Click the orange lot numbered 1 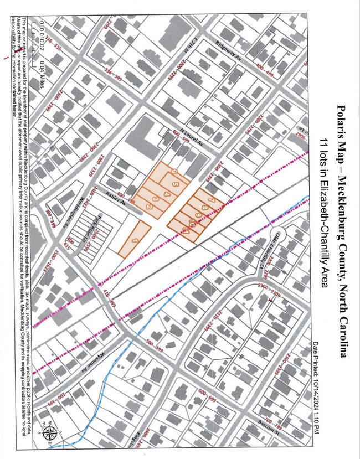click(135, 240)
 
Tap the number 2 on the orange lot click(149, 207)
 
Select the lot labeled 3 click(156, 198)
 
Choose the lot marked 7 click(174, 183)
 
